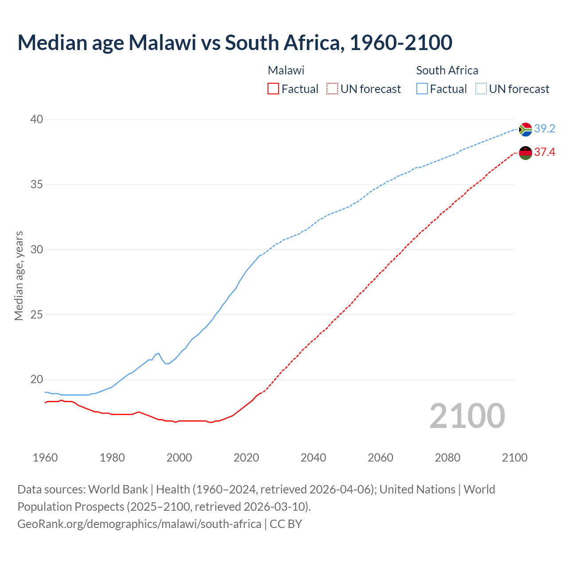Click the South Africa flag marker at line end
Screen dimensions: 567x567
(525, 129)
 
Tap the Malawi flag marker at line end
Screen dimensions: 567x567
(525, 153)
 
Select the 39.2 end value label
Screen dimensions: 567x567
(544, 129)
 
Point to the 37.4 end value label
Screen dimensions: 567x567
(544, 152)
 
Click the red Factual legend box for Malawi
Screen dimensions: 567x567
(273, 89)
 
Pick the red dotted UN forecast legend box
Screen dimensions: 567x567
(332, 89)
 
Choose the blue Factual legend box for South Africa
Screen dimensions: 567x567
(422, 89)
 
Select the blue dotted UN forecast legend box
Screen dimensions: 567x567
(481, 89)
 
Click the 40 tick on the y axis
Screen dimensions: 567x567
(37, 119)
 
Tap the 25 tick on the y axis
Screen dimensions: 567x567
(37, 315)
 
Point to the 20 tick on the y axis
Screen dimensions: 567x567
(37, 379)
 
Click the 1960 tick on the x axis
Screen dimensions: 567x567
(45, 458)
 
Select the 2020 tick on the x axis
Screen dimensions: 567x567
(246, 458)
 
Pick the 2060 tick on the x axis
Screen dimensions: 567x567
(381, 458)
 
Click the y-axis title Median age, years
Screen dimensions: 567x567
(19, 276)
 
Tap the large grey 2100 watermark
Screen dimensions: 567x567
(467, 416)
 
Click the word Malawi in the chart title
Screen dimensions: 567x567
(162, 43)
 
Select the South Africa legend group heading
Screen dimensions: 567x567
(447, 70)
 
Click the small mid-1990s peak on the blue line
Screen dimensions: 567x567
(158, 353)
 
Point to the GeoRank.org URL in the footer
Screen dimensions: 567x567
(139, 524)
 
